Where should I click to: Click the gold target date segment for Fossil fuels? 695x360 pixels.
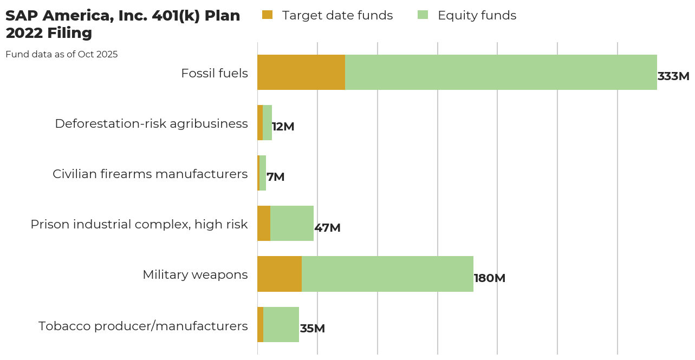click(301, 72)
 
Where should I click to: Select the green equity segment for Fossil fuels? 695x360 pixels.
click(501, 72)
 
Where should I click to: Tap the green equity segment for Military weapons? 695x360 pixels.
click(387, 274)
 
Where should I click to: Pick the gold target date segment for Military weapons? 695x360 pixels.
click(280, 274)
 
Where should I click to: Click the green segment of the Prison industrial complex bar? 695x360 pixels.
click(292, 224)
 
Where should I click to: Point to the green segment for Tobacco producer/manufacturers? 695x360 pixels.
click(281, 324)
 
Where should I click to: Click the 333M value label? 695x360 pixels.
click(673, 76)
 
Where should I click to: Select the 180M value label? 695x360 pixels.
click(490, 278)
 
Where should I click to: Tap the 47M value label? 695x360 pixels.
click(328, 228)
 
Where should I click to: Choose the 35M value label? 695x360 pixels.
click(313, 329)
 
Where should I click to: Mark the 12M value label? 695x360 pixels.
click(283, 127)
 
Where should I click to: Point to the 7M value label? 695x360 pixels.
click(276, 177)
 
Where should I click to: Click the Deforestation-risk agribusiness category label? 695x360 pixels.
click(151, 123)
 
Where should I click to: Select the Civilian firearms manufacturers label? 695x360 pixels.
click(150, 174)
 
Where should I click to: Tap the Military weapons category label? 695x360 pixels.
click(195, 274)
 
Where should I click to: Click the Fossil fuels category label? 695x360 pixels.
click(215, 73)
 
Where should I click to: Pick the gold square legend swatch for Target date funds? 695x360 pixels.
click(268, 15)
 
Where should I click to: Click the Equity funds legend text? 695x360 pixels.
click(477, 15)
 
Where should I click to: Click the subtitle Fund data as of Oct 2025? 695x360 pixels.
click(62, 54)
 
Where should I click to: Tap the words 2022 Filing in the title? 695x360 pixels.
click(49, 33)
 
